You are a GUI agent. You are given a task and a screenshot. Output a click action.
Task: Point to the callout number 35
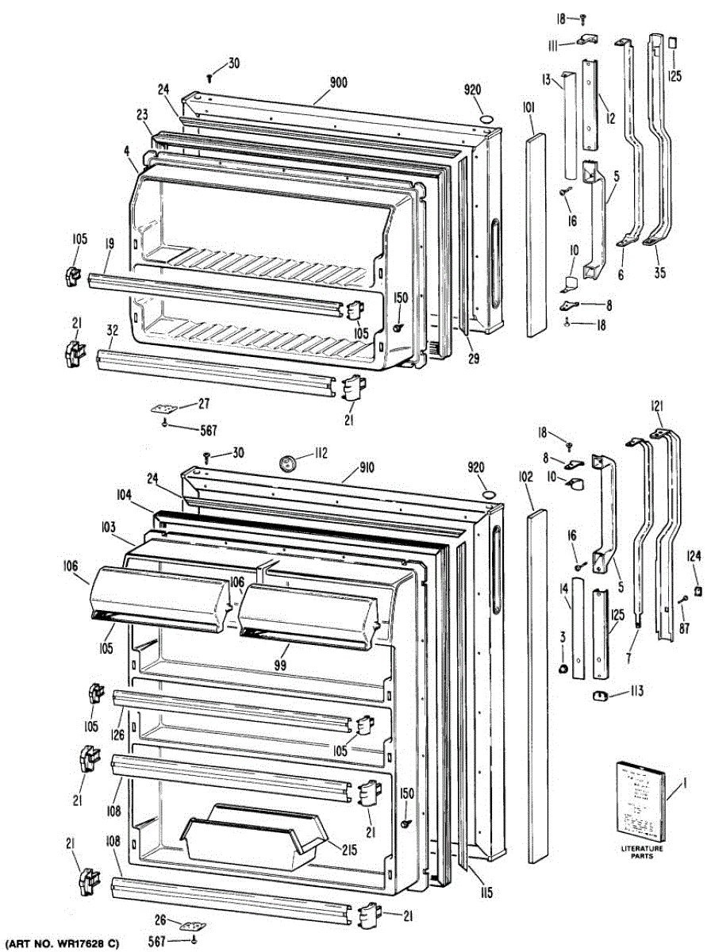pyautogui.click(x=660, y=274)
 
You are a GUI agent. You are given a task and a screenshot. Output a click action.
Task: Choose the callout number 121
pyautogui.click(x=657, y=407)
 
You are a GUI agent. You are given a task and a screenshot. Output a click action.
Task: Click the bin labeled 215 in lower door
pyautogui.click(x=254, y=837)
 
